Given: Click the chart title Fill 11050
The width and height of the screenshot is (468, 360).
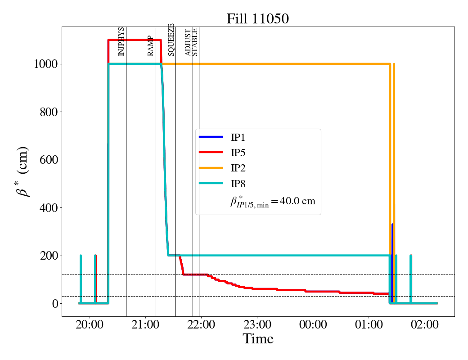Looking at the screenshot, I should (x=257, y=18).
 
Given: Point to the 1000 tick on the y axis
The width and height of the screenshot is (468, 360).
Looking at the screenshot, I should (x=45, y=64).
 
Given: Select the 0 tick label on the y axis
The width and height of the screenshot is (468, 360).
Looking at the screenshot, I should (x=54, y=304).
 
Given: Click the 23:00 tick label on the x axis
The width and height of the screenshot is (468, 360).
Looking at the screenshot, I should (x=257, y=324).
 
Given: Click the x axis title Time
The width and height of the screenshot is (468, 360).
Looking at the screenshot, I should (x=258, y=339).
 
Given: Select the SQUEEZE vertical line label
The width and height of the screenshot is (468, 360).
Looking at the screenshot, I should (x=171, y=40).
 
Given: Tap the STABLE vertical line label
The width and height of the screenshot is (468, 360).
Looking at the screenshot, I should (x=194, y=42).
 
